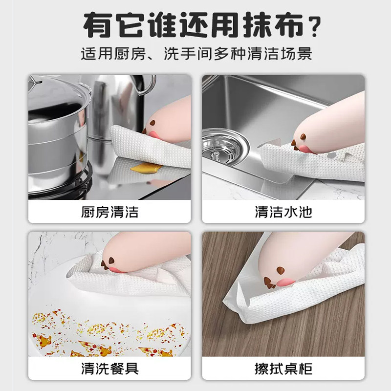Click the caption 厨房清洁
[x=109, y=212]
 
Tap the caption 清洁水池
[x=283, y=212]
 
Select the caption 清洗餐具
[x=109, y=369]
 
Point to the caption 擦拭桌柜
[x=283, y=369]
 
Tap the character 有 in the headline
[x=98, y=25]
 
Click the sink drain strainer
[x=224, y=148]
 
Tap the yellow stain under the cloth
[x=146, y=168]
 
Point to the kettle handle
[x=147, y=85]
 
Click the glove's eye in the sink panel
[x=303, y=136]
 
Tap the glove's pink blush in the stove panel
[x=153, y=135]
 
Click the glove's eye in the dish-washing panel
[x=111, y=261]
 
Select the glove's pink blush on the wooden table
[x=286, y=282]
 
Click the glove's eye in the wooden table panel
[x=281, y=270]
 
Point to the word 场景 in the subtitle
[x=297, y=53]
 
